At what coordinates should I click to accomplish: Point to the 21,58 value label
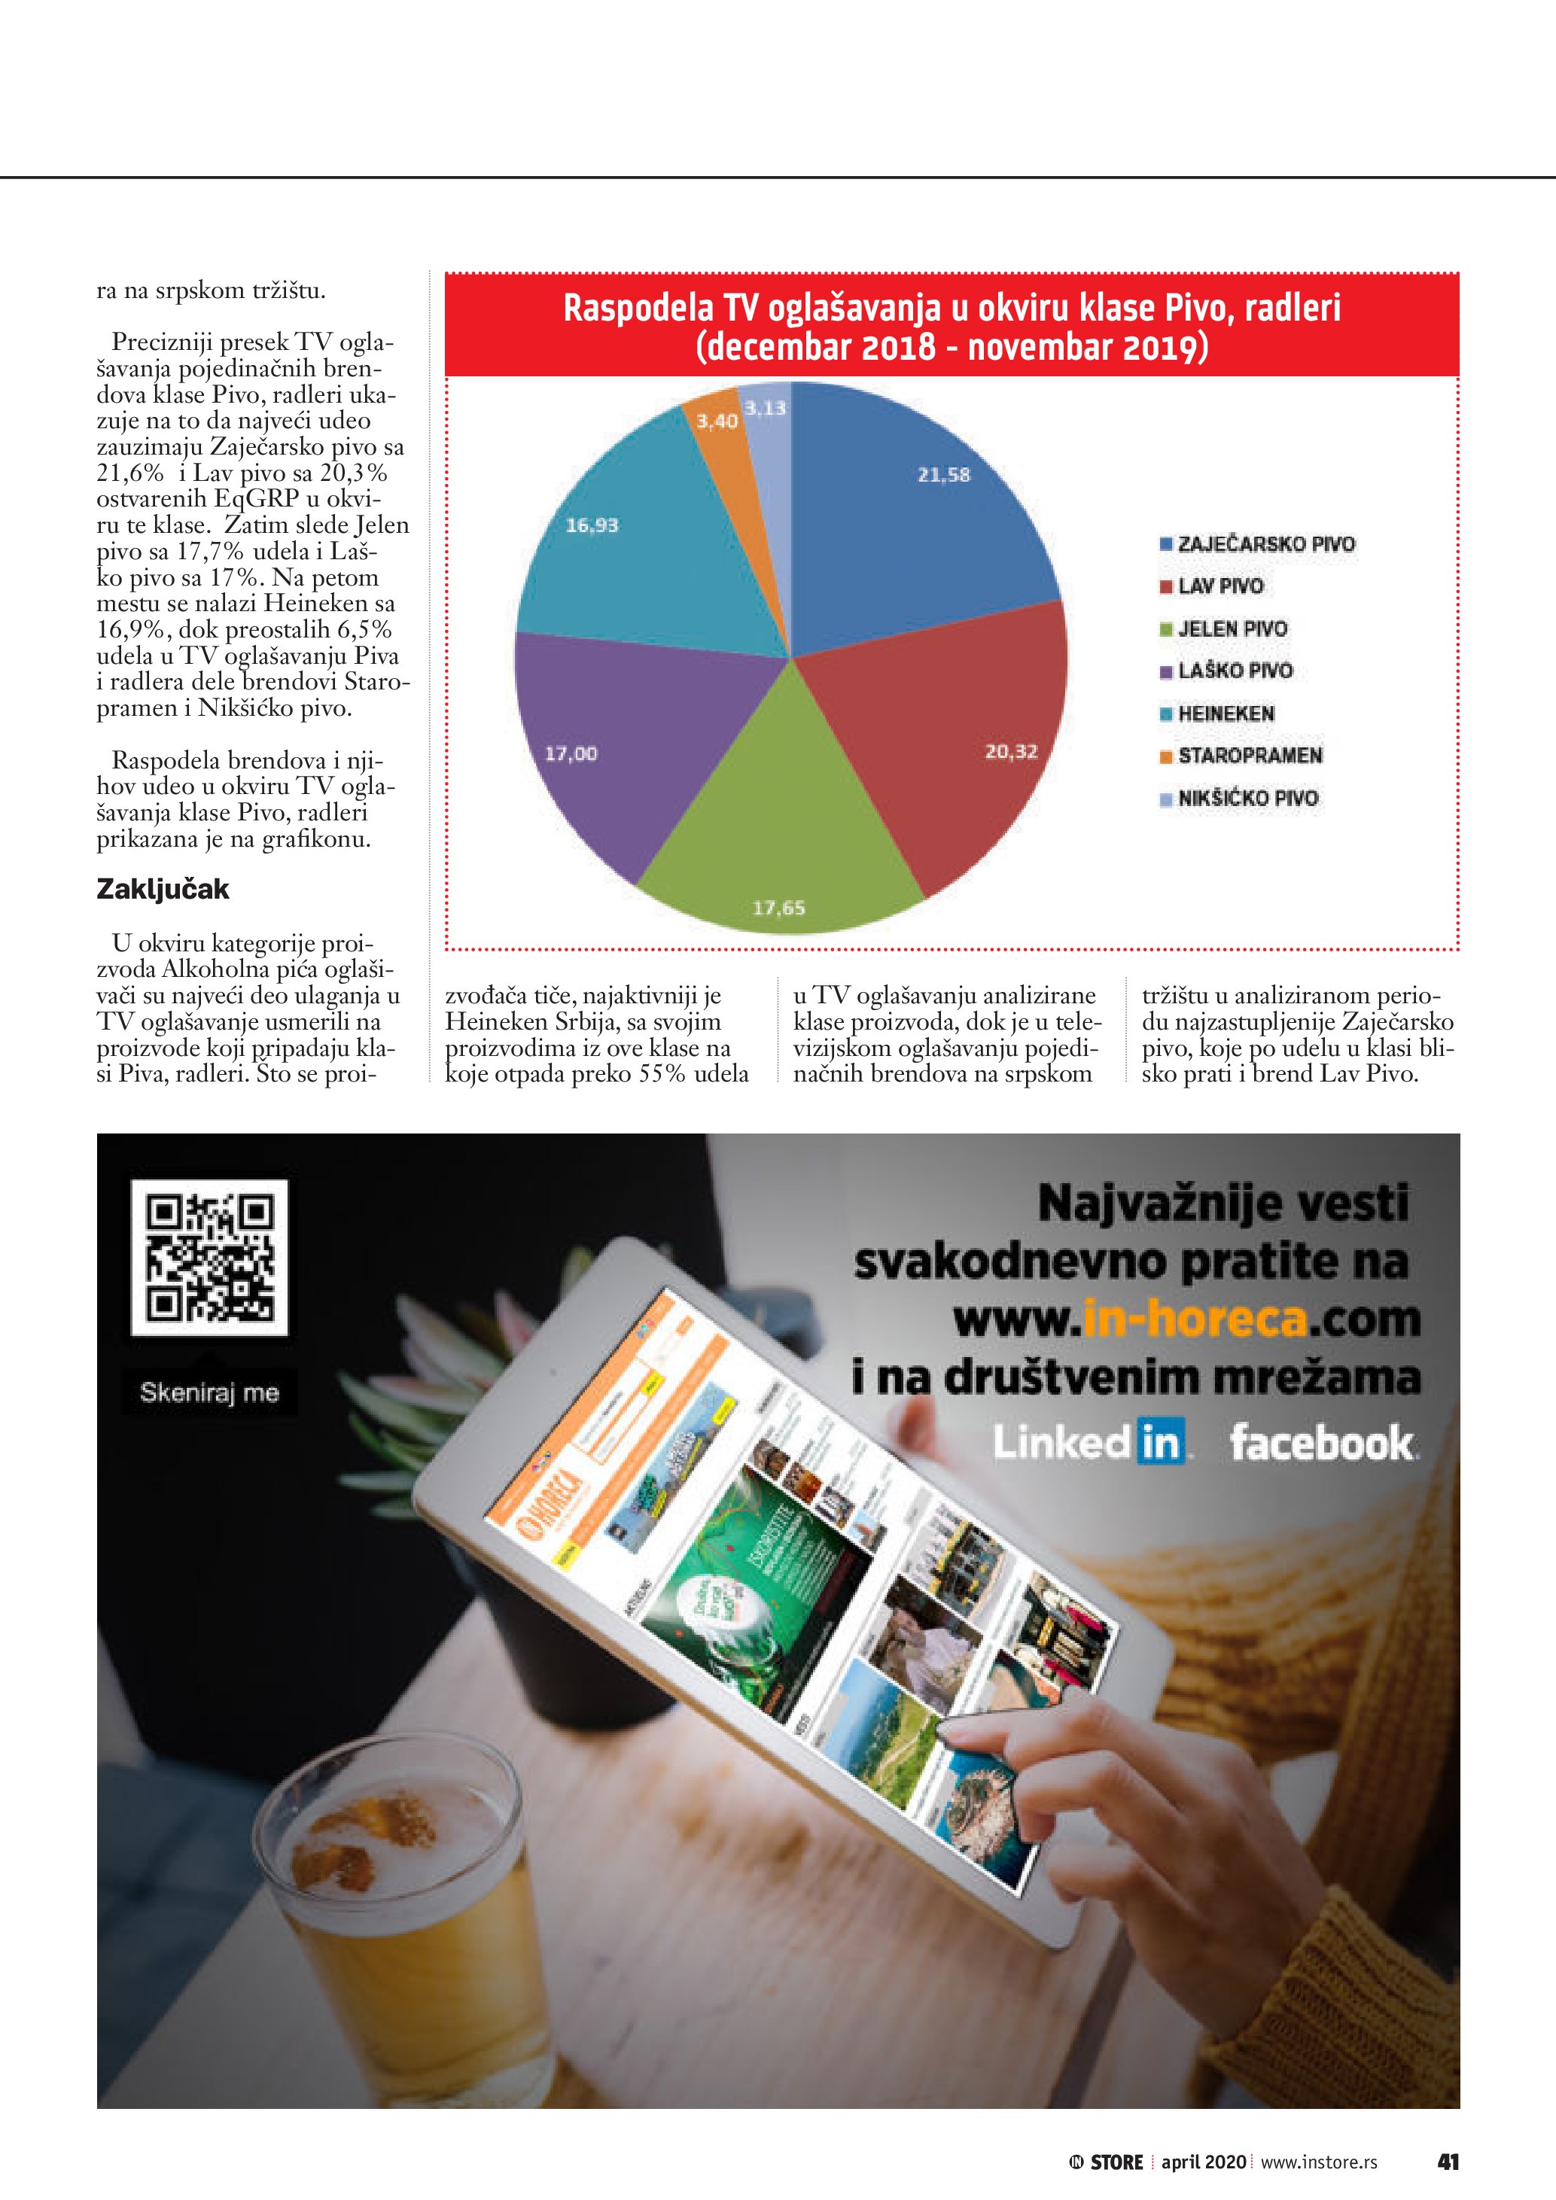tap(944, 474)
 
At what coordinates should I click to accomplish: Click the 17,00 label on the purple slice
tap(571, 754)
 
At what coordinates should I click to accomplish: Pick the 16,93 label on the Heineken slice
tap(592, 525)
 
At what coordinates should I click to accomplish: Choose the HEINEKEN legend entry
tap(1226, 714)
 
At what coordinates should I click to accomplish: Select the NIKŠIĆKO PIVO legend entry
tap(1247, 798)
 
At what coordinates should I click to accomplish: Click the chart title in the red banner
tap(952, 327)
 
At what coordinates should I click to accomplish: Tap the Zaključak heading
tap(163, 889)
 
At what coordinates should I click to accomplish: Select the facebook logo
tap(1322, 1442)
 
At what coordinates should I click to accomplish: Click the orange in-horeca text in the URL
tap(1195, 1319)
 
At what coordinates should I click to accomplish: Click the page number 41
tap(1448, 2162)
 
